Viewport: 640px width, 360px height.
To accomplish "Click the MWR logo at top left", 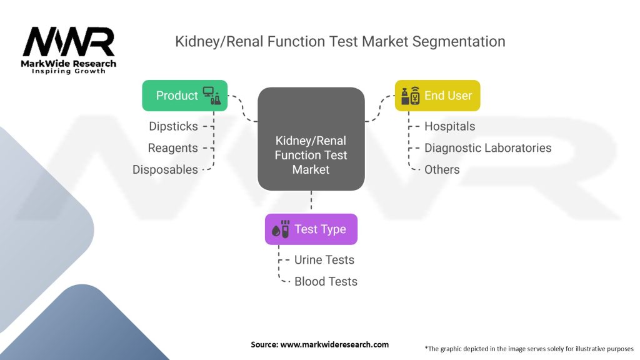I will (69, 42).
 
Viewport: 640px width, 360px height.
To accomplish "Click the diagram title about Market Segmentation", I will (340, 42).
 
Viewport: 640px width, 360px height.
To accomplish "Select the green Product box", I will (185, 96).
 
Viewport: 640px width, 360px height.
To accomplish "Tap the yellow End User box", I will (437, 96).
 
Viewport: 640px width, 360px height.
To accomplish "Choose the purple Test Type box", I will (311, 229).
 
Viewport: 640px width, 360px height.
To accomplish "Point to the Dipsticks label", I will (173, 126).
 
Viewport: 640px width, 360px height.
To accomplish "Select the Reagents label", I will (172, 148).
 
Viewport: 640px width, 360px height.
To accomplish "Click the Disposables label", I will (165, 169).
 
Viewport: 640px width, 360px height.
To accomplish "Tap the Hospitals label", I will (449, 126).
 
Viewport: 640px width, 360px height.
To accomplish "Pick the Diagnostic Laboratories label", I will (487, 148).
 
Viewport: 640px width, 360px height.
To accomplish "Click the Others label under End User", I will (442, 169).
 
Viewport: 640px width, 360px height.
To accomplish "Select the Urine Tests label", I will (324, 260).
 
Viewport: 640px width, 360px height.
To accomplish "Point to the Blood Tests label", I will (326, 281).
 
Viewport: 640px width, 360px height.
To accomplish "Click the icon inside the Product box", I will (212, 95).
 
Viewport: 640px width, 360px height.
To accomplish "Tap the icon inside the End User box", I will (409, 96).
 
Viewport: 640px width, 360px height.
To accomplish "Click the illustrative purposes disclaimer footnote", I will (529, 348).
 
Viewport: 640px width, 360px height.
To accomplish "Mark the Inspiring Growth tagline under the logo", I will (69, 71).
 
